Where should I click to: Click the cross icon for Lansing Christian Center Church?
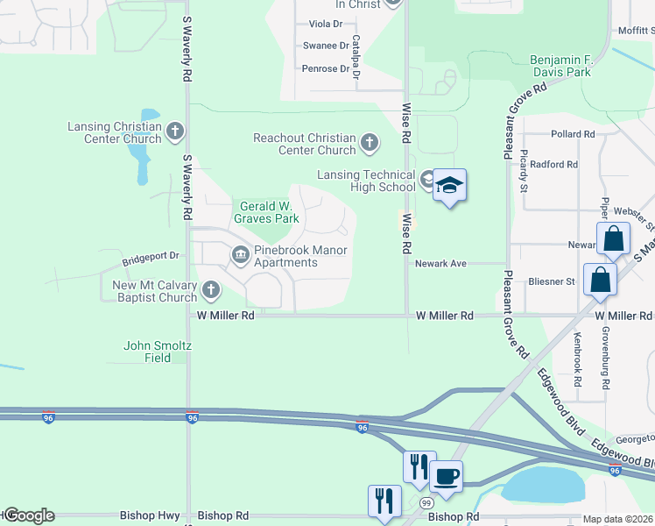pos(174,132)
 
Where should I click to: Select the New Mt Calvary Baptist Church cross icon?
pos(210,290)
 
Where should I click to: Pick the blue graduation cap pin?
pos(450,185)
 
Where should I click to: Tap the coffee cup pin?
pos(447,476)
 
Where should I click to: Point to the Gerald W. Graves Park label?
pos(264,213)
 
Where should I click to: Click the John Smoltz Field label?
pos(157,352)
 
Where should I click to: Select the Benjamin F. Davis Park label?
pos(561,66)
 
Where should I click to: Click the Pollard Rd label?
pos(573,134)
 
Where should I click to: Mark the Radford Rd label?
pos(553,164)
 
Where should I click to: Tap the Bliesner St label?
pos(551,281)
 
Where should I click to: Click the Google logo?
pos(29,515)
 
